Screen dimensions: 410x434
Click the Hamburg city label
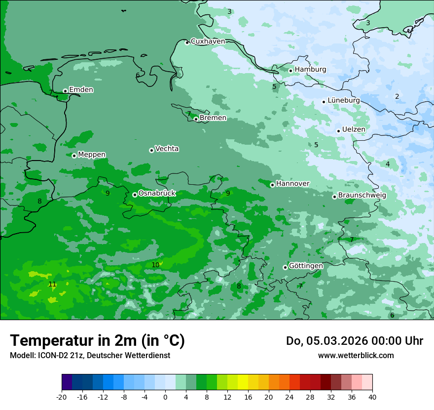(x=310, y=70)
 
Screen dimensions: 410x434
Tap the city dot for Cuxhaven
(x=187, y=42)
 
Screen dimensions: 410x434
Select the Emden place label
(x=81, y=90)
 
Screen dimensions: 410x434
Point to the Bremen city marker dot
(x=196, y=119)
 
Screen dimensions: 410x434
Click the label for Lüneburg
(x=343, y=100)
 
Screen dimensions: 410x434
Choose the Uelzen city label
(x=354, y=130)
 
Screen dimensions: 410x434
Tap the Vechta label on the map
(x=167, y=149)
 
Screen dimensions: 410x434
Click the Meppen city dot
(x=74, y=156)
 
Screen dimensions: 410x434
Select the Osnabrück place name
(x=157, y=194)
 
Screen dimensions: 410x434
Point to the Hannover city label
(x=292, y=184)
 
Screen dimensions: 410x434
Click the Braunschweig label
(x=362, y=196)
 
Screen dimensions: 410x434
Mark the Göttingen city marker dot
(x=285, y=267)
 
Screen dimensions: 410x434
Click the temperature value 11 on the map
(x=52, y=284)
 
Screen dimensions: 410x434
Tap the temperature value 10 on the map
(x=155, y=265)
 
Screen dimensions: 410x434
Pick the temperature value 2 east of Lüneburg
(x=397, y=96)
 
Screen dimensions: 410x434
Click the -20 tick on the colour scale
(x=62, y=397)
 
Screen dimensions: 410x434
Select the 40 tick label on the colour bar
(x=372, y=397)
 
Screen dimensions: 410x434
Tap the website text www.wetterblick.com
(x=356, y=355)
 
